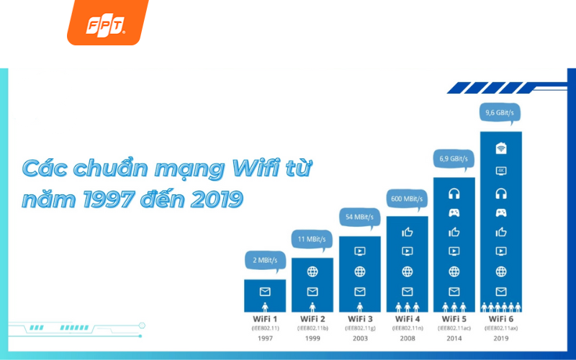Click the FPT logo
[x=107, y=27]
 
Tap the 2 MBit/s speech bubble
[x=265, y=260]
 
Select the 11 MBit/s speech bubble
[x=312, y=239]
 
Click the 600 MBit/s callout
[x=407, y=199]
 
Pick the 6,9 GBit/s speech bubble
[x=454, y=158]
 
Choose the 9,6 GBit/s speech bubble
[x=501, y=112]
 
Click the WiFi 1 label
[x=265, y=318]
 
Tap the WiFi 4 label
[x=407, y=318]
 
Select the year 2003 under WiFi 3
[x=359, y=337]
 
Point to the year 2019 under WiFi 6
[x=501, y=337]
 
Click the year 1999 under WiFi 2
[x=312, y=337]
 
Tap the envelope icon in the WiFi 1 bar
[x=265, y=292]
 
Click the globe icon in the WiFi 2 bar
[x=312, y=272]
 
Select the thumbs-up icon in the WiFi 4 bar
[x=407, y=232]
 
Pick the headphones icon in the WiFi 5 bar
[x=454, y=194]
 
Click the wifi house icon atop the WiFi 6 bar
[x=501, y=149]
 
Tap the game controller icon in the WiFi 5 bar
[x=454, y=213]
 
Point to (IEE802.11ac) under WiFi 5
[x=454, y=328]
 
